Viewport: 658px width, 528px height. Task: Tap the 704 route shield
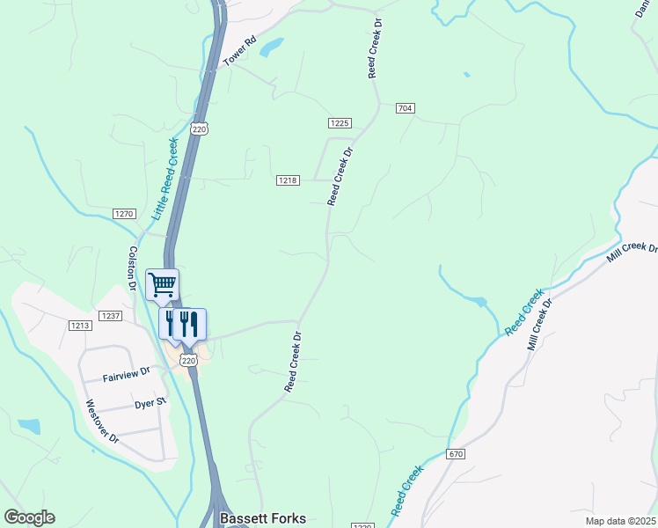pos(405,108)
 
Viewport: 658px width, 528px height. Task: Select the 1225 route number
pos(340,123)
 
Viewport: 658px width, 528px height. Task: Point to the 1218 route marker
pos(288,180)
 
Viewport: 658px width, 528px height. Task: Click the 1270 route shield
pos(124,214)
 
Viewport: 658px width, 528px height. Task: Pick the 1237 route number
pos(110,316)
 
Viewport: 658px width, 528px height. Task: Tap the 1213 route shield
pos(80,326)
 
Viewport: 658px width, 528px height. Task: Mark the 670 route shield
pos(455,454)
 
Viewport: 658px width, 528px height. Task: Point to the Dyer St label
pos(150,403)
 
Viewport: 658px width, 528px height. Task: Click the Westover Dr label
pos(101,422)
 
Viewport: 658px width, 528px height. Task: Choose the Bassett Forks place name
pos(263,518)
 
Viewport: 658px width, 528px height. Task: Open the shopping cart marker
pos(162,284)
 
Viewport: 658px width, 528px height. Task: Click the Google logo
pos(29,517)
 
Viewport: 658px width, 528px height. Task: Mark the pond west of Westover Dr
pos(30,427)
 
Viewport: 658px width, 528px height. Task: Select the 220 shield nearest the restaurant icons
pos(187,360)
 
